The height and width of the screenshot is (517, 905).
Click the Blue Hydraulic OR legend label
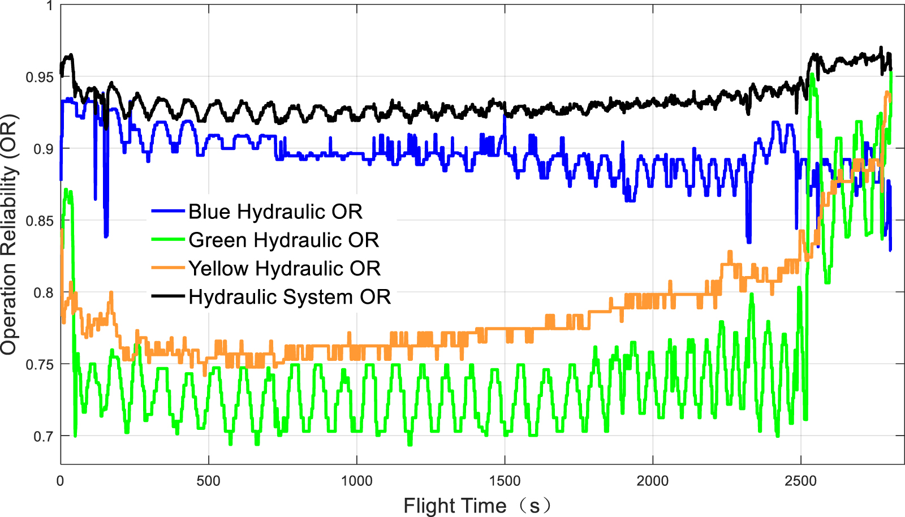(275, 212)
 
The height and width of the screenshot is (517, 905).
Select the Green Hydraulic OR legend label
(283, 240)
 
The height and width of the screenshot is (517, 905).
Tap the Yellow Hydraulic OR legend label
(284, 268)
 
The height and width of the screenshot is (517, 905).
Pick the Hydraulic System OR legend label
(290, 296)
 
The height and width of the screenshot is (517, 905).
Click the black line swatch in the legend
(168, 296)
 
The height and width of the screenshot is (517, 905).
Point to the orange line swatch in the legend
(168, 268)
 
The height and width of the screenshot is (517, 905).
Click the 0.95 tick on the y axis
(40, 77)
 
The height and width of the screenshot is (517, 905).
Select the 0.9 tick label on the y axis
(44, 149)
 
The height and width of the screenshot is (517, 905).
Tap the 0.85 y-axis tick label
(40, 221)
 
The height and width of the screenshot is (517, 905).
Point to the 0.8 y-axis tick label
(44, 292)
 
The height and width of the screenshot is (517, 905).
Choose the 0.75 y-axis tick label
(40, 364)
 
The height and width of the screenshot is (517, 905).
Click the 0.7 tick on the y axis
(44, 436)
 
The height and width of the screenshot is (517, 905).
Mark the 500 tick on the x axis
(208, 481)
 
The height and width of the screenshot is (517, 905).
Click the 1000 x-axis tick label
(356, 481)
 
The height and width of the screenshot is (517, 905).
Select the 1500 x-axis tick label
(505, 481)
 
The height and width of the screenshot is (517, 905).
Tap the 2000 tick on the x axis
(653, 481)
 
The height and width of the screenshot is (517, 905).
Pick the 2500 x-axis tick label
(801, 481)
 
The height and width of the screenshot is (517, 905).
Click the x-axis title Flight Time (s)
(476, 505)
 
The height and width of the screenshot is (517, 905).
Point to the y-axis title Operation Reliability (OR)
(10, 235)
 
